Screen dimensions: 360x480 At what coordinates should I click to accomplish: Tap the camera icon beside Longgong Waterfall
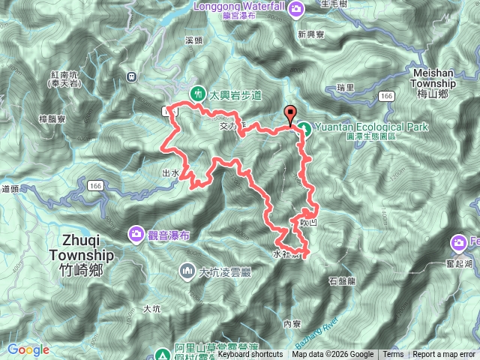pos(298,8)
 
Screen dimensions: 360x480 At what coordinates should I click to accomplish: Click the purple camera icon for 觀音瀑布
pos(136,235)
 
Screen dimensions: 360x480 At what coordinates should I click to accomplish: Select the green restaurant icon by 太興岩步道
pos(197,94)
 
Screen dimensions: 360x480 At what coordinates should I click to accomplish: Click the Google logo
pos(28,349)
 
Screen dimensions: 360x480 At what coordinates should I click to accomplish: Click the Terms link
pos(392,355)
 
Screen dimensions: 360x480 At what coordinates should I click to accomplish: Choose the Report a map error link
pos(445,355)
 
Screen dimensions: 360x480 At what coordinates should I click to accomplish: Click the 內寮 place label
pos(292,323)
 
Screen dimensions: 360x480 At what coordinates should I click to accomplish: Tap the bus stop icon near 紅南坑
pos(132,76)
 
